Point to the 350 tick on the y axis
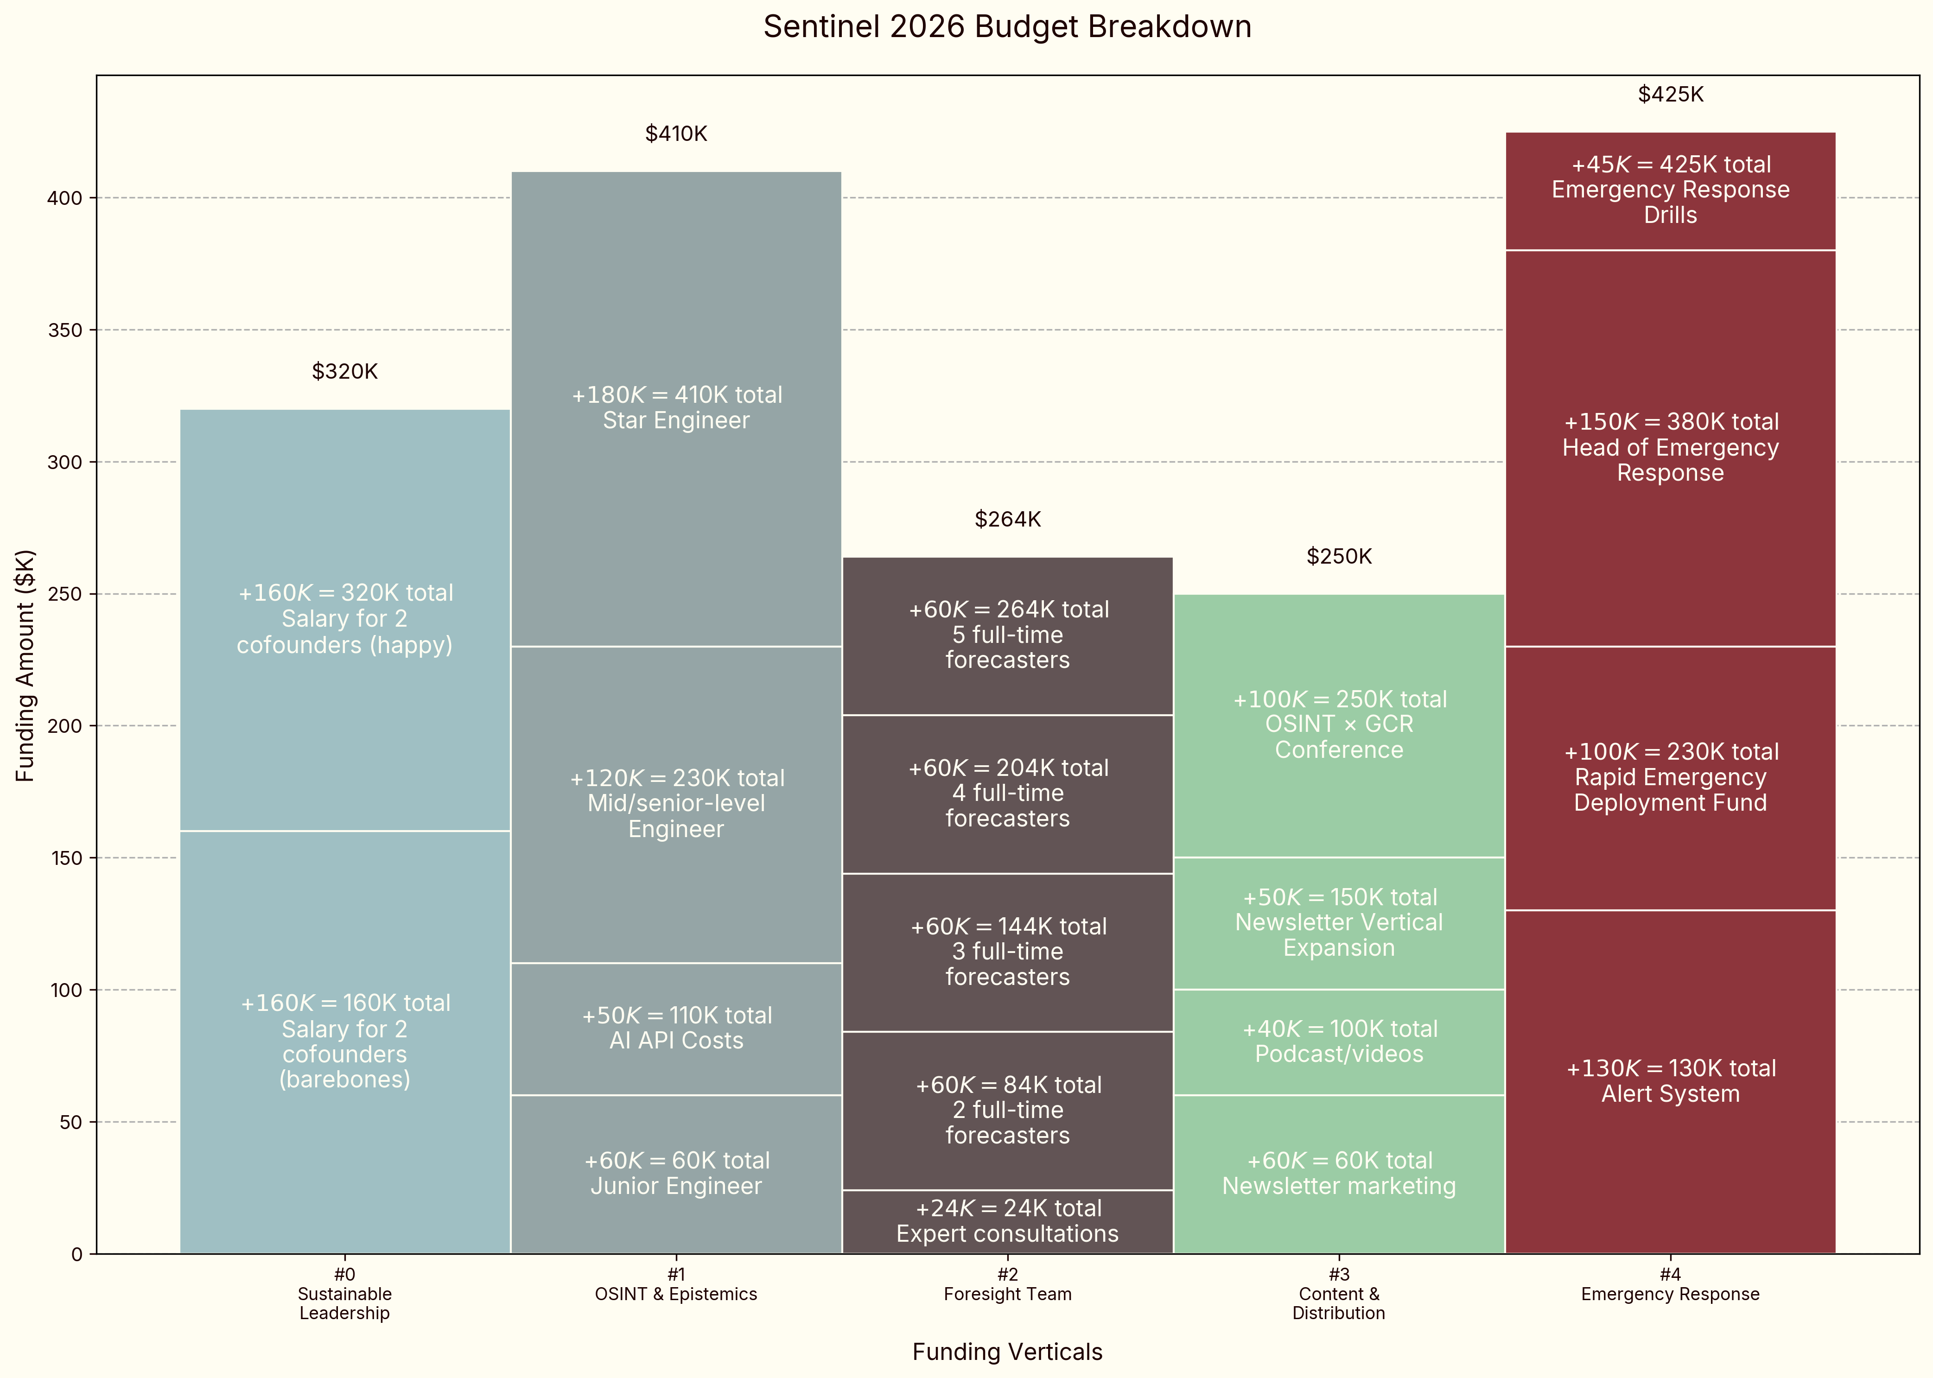(x=65, y=330)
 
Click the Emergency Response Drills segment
(x=1670, y=190)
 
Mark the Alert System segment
(x=1670, y=1081)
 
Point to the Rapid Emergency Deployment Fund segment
(x=1670, y=777)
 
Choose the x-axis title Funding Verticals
(x=1007, y=1352)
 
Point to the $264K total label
(x=1007, y=519)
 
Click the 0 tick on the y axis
(x=76, y=1254)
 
